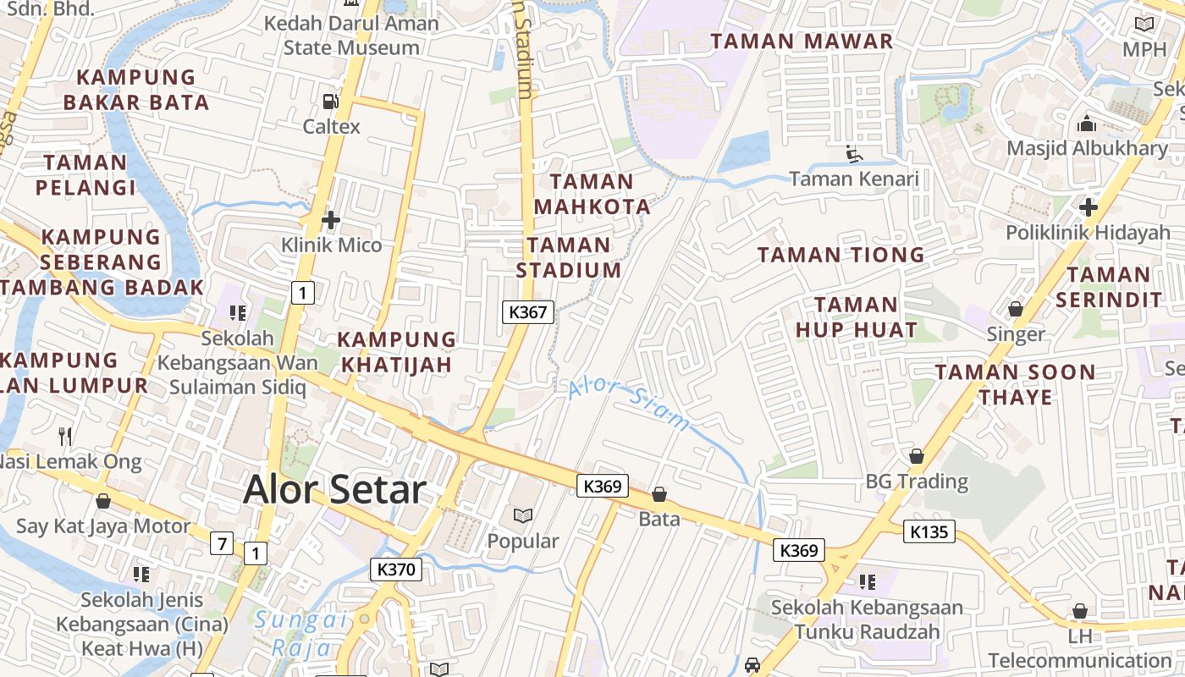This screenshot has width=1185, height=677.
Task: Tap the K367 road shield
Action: pos(529,312)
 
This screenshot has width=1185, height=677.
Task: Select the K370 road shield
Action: pos(396,570)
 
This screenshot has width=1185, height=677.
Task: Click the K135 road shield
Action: pos(929,532)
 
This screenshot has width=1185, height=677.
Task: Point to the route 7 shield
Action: pos(222,543)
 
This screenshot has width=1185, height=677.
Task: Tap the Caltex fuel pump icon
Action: pos(330,102)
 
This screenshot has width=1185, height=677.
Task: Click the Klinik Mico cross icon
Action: pos(331,221)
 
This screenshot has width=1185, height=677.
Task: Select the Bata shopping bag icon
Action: pos(659,494)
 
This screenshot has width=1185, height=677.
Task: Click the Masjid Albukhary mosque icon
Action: pos(1087,124)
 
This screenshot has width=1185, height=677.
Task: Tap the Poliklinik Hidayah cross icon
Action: pos(1088,207)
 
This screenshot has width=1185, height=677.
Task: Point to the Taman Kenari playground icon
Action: pos(853,154)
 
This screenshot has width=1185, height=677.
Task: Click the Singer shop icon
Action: pos(1016,310)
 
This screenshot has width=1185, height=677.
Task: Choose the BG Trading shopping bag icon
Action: pos(916,457)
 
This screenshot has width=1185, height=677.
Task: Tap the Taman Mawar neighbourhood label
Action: pos(802,41)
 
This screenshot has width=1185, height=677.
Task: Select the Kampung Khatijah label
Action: pos(396,352)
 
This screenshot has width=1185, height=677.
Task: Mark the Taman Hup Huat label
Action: pos(856,317)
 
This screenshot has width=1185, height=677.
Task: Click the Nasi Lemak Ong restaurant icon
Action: pos(65,437)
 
